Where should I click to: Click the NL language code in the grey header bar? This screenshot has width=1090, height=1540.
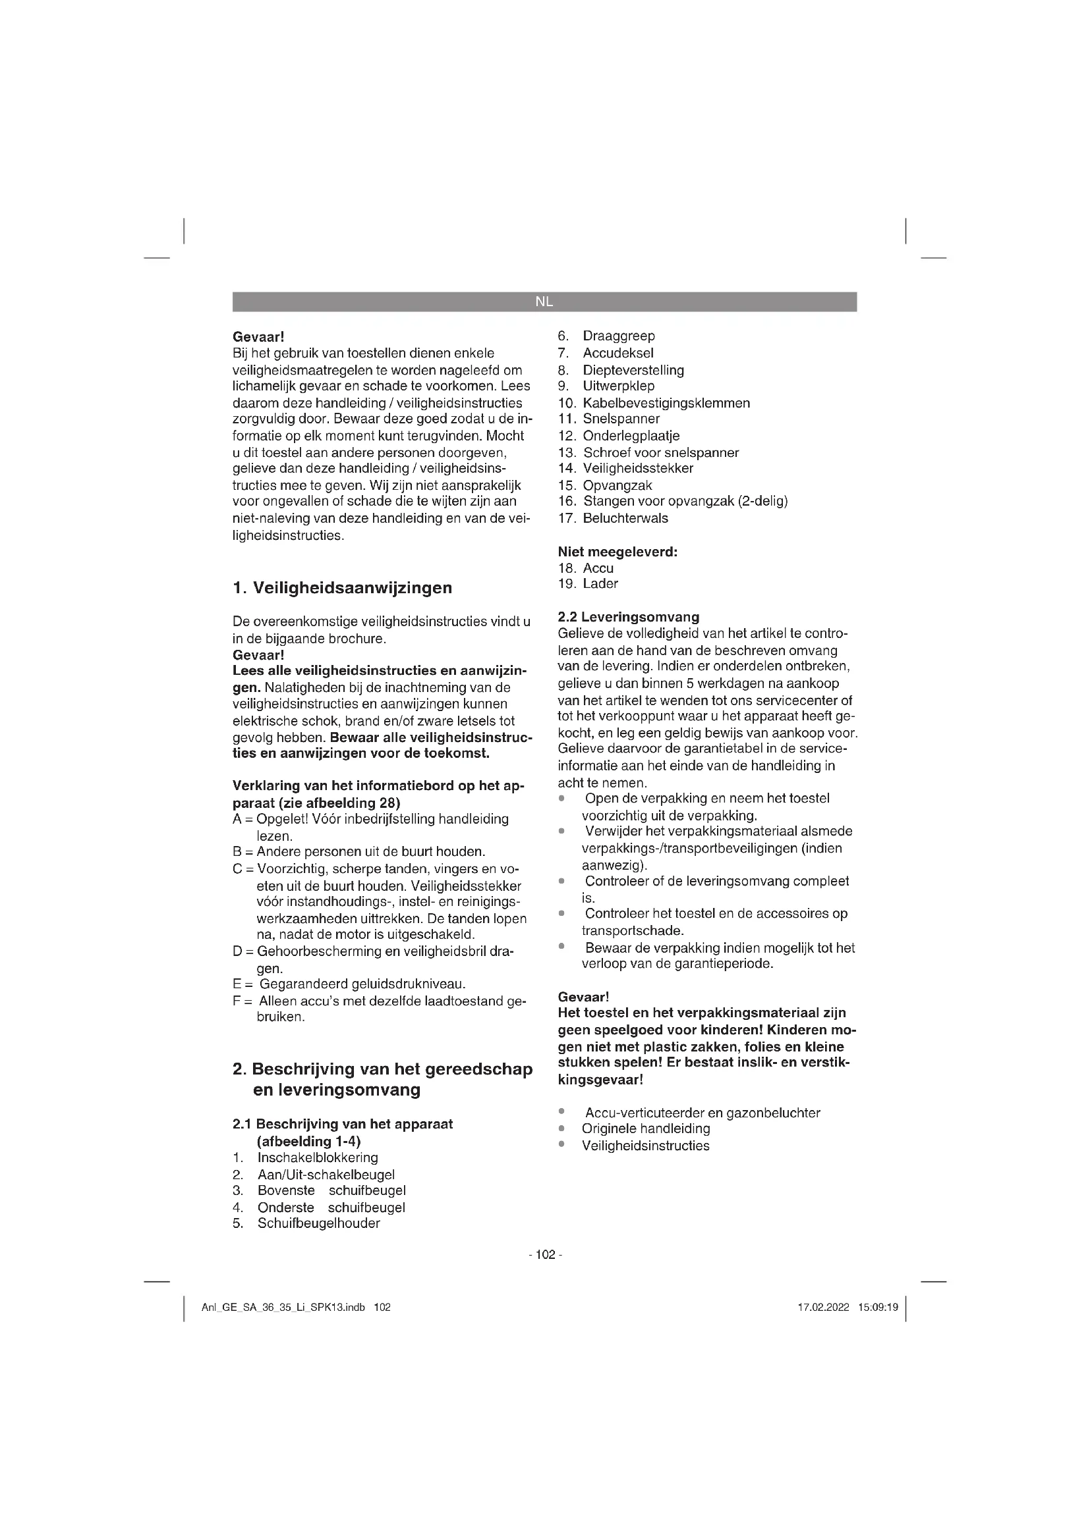tap(544, 302)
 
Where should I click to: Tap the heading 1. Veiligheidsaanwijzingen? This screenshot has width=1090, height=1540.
tap(342, 588)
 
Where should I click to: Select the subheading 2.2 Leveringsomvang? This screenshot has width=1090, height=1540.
tap(628, 617)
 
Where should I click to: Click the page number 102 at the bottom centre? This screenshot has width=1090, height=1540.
tap(545, 1255)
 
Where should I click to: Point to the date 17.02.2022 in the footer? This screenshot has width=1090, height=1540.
tap(824, 1308)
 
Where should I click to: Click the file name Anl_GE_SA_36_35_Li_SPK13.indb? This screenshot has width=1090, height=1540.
tap(283, 1308)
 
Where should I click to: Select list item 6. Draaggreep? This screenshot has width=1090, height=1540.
tap(606, 336)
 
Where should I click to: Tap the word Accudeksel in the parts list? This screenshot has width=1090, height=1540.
tap(617, 354)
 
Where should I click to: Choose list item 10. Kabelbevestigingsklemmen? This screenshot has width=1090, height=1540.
tap(654, 403)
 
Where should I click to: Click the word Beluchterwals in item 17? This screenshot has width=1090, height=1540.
tap(625, 518)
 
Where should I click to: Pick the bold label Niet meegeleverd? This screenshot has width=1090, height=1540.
tap(617, 552)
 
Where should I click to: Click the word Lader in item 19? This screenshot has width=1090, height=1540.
tap(600, 583)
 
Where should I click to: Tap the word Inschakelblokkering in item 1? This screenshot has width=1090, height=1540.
tap(318, 1157)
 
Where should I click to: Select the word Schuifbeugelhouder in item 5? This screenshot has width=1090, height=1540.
tap(319, 1223)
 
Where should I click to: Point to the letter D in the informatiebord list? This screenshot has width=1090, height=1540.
tap(237, 951)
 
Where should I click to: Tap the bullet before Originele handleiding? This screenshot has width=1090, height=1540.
tap(561, 1129)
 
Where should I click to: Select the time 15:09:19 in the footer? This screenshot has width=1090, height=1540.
tap(877, 1308)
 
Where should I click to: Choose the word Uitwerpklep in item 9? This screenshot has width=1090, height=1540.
tap(618, 386)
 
